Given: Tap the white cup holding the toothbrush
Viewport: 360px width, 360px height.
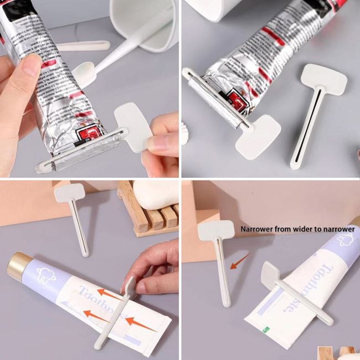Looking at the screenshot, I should coord(144,22).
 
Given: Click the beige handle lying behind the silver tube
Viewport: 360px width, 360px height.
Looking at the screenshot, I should coord(83,46).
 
